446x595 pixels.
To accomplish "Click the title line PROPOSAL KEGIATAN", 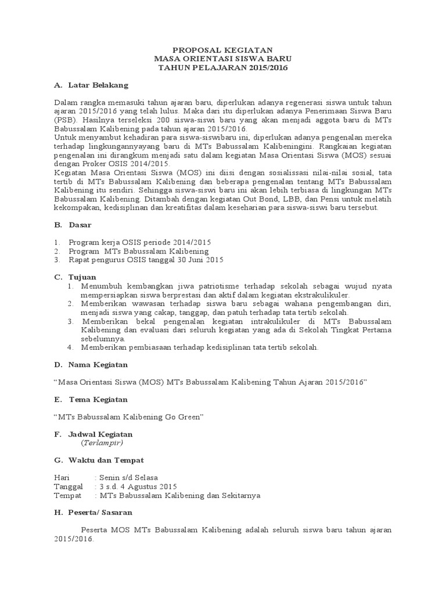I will pos(224,51).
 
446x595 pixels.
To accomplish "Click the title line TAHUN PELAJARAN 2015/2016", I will pos(224,68).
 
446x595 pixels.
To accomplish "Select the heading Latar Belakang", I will pos(98,85).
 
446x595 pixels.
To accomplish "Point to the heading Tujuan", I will pos(82,277).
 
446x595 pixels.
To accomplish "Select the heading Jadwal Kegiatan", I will pos(100,434).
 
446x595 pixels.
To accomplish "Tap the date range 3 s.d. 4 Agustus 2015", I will pos(138,487).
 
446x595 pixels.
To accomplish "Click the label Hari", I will pos(61,478).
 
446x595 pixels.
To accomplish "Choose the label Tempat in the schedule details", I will pos(66,496).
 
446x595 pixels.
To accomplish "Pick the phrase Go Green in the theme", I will pos(187,417).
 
